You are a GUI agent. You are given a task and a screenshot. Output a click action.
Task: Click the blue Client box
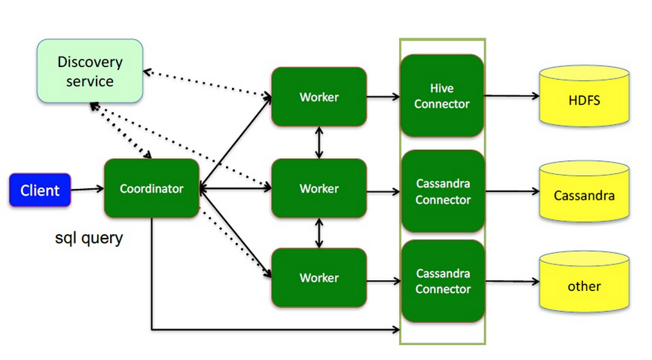pyautogui.click(x=40, y=190)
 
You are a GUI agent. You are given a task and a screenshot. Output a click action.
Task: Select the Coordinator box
pyautogui.click(x=151, y=188)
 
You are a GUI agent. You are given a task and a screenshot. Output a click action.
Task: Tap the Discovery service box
pyautogui.click(x=90, y=71)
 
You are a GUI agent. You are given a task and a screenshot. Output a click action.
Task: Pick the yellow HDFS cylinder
pyautogui.click(x=584, y=99)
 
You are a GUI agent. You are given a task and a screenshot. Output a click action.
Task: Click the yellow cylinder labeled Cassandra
pyautogui.click(x=584, y=195)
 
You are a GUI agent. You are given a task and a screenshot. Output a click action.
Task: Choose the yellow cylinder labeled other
pyautogui.click(x=584, y=285)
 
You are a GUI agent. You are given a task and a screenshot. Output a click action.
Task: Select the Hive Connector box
pyautogui.click(x=442, y=96)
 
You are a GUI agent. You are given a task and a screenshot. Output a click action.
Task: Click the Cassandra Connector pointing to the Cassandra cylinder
pyautogui.click(x=442, y=191)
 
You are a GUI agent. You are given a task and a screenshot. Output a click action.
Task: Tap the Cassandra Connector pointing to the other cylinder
pyautogui.click(x=442, y=281)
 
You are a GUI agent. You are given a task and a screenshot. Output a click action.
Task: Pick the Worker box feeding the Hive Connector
pyautogui.click(x=319, y=96)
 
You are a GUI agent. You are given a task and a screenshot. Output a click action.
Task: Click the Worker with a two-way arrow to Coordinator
pyautogui.click(x=319, y=188)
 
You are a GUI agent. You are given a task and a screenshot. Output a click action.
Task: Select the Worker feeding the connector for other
pyautogui.click(x=319, y=278)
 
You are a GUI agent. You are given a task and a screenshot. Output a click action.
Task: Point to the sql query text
pyautogui.click(x=89, y=239)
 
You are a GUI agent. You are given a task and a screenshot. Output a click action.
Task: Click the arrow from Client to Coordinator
pyautogui.click(x=87, y=190)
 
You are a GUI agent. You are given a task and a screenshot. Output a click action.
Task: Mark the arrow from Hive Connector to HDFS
pyautogui.click(x=511, y=96)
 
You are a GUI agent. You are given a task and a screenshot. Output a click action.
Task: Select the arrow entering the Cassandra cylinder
pyautogui.click(x=511, y=192)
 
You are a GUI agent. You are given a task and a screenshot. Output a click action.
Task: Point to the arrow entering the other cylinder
pyautogui.click(x=511, y=282)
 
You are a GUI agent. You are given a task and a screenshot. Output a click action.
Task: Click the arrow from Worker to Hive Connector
pyautogui.click(x=383, y=96)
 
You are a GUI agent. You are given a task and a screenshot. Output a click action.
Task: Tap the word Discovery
pyautogui.click(x=90, y=62)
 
